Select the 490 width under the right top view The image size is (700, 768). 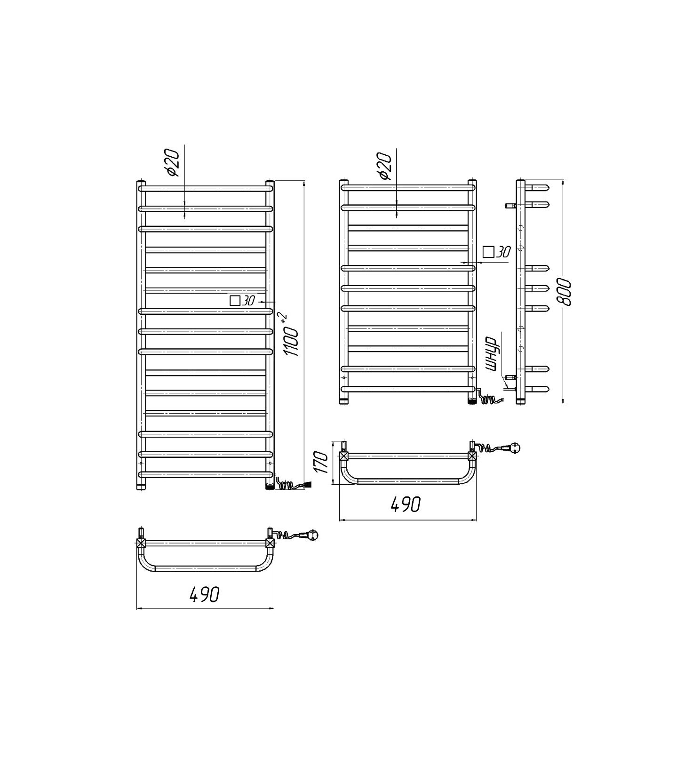point(406,504)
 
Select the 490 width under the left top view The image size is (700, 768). point(204,594)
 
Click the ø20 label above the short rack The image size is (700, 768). point(384,166)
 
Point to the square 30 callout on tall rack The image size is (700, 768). point(242,300)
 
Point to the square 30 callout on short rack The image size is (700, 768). point(496,252)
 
